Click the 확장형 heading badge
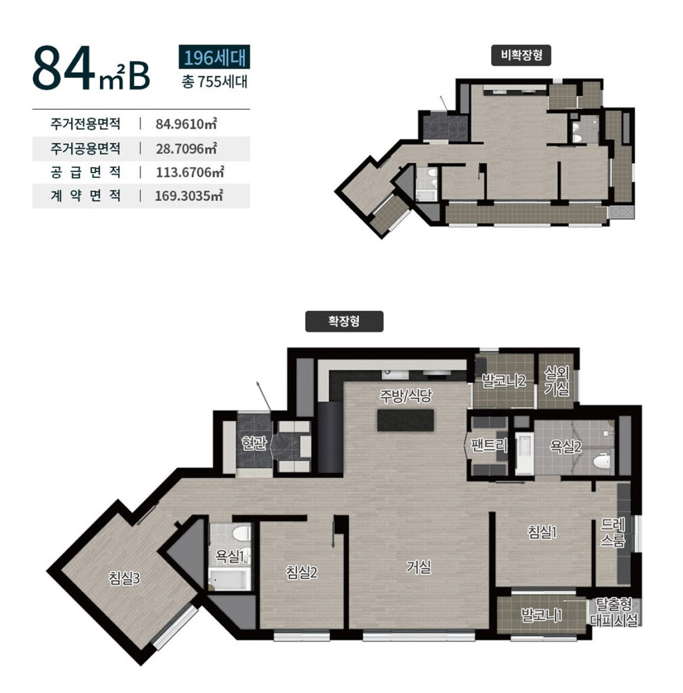[344, 321]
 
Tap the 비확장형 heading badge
[521, 55]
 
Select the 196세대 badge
[214, 57]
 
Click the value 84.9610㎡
[186, 124]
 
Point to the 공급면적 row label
[85, 172]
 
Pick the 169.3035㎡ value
[189, 196]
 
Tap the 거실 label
[418, 567]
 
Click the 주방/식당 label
[405, 395]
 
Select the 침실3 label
[124, 578]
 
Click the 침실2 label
[302, 573]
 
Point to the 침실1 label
[542, 532]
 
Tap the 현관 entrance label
[254, 443]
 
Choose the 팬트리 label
[489, 445]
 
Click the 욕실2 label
[565, 447]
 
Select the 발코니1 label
[541, 614]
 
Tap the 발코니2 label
[503, 380]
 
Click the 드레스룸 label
[613, 533]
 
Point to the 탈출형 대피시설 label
[614, 612]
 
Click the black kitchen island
[406, 420]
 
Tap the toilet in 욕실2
[601, 462]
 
